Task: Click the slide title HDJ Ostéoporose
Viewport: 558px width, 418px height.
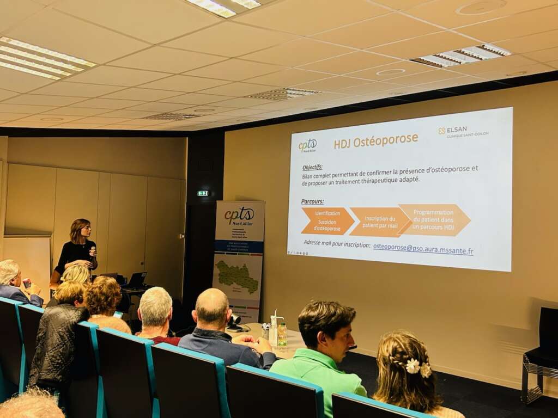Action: [x=376, y=141]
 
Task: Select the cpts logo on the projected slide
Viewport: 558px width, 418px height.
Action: [x=307, y=146]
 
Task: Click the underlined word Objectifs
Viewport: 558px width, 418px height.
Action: [x=312, y=167]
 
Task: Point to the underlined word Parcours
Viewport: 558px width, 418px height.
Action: [x=312, y=201]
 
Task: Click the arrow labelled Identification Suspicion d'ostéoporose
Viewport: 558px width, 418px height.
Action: [x=327, y=220]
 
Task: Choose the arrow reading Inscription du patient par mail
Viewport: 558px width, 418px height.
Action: [x=379, y=222]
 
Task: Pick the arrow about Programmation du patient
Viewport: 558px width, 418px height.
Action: [x=434, y=219]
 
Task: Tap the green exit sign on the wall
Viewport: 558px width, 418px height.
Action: [x=203, y=193]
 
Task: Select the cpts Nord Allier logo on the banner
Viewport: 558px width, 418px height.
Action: [x=239, y=216]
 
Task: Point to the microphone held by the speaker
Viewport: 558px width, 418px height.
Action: [x=92, y=251]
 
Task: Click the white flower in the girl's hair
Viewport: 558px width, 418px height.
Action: [x=413, y=366]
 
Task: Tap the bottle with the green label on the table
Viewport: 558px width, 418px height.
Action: [x=282, y=335]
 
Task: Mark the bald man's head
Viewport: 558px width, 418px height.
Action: [x=212, y=308]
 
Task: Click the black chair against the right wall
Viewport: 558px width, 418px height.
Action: [x=543, y=354]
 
